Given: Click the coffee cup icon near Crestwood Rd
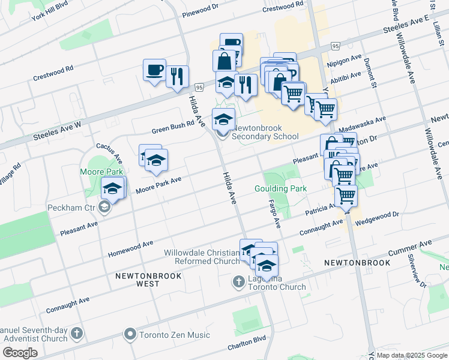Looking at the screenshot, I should coord(154,70).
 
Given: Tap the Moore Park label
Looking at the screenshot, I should coord(102,172).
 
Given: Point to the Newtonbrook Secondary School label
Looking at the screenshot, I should coord(265,132).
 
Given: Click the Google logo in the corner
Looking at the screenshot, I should coord(20,353).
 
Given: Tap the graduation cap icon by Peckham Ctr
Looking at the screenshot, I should coord(112,189).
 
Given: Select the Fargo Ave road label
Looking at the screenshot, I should coord(274,214).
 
